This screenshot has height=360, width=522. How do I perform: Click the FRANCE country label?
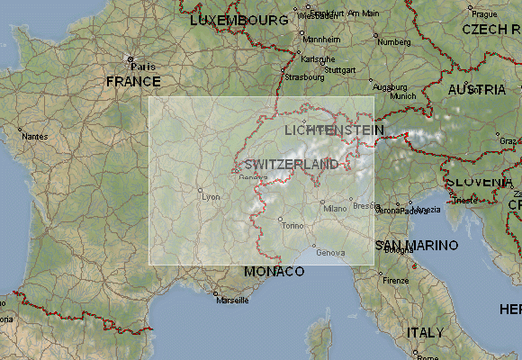133,81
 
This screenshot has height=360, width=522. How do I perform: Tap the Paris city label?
143,67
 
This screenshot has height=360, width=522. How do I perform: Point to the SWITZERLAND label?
291,164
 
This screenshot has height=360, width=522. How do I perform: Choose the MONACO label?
274,271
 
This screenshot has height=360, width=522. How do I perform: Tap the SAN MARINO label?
416,245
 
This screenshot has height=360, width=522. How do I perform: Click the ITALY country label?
424,332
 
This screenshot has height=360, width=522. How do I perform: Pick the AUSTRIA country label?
476,90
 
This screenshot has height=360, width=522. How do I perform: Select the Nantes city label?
35,136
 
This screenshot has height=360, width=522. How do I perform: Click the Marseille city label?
231,301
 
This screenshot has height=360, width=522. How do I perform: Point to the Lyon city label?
211,196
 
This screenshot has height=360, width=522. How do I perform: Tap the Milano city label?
335,209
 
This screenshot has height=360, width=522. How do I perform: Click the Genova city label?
330,252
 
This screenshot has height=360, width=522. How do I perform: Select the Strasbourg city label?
304,77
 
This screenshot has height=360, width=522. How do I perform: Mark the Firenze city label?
395,281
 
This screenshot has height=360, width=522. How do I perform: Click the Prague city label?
484,13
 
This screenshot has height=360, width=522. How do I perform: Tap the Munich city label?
403,95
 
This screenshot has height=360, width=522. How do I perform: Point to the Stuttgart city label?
340,69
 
